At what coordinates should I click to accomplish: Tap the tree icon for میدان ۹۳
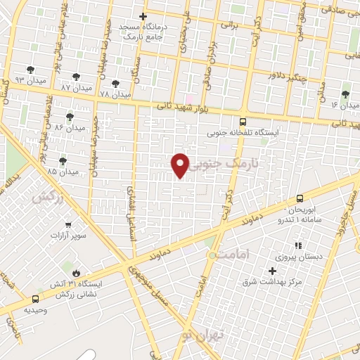pos(30,69)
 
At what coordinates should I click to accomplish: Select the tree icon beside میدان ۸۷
pos(76,77)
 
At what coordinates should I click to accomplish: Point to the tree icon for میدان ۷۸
pos(115,84)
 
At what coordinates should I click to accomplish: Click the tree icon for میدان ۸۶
pos(69,117)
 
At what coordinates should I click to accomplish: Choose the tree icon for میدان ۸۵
pos(63,161)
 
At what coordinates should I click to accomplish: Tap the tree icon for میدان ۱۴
pos(345,94)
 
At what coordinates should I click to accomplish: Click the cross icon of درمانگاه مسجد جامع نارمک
pos(143,16)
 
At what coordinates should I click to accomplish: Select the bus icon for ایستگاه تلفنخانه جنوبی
pos(243,121)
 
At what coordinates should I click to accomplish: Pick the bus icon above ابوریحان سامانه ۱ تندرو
pos(300,198)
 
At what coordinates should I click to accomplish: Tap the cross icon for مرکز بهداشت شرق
pos(273,271)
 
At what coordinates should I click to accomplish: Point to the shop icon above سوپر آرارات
pos(68,225)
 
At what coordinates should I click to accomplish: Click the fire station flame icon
pos(76,271)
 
